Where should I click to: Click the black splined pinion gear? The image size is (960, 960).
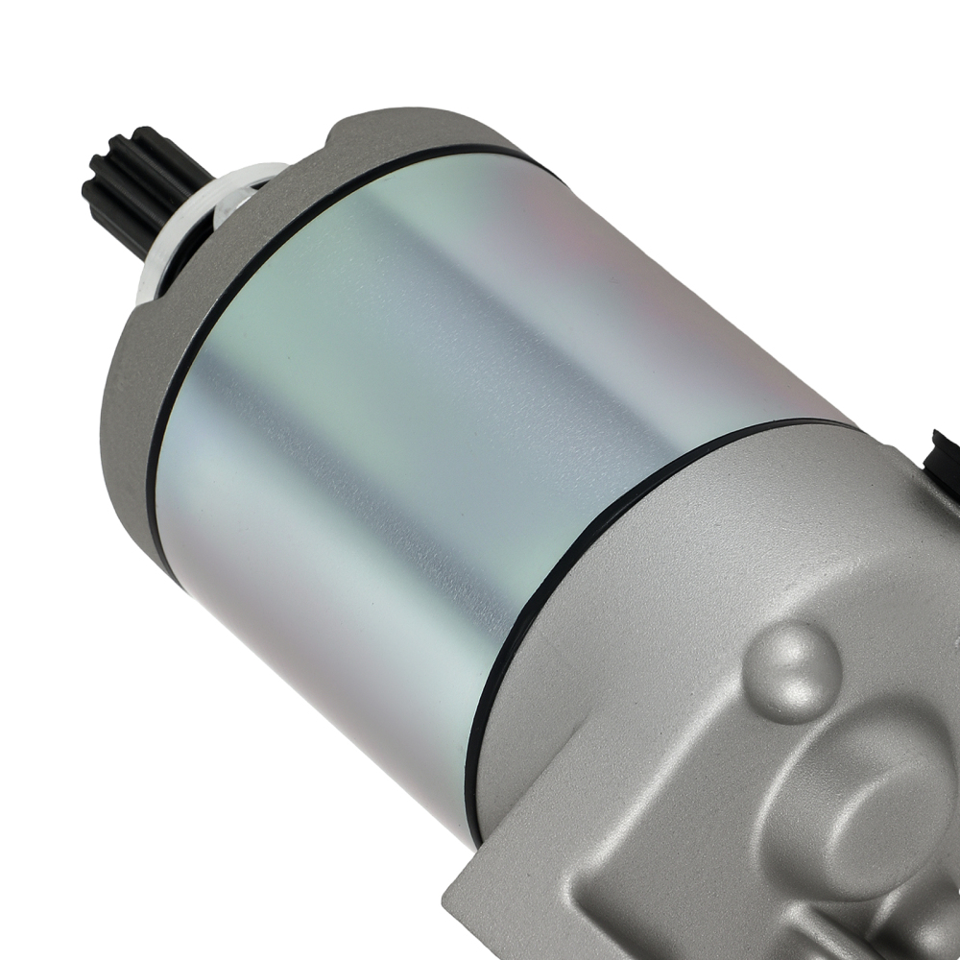[x=144, y=187]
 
